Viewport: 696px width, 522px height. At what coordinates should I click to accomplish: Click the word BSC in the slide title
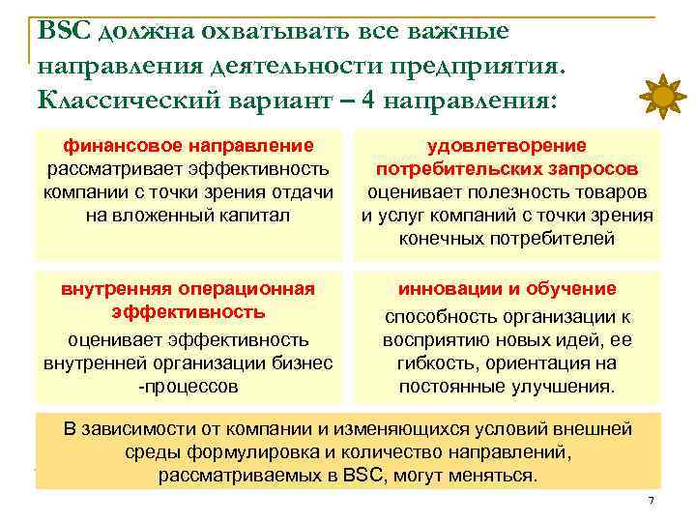click(65, 31)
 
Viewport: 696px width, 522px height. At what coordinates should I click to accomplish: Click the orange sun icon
click(662, 97)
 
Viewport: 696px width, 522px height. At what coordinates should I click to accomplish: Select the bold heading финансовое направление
click(188, 146)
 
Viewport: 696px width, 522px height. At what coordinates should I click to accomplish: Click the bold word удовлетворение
click(507, 146)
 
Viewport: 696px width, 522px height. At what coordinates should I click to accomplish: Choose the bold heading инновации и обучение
click(507, 289)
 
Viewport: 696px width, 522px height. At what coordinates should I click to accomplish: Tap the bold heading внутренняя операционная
click(188, 289)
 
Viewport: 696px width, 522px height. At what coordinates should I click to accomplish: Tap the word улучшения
click(565, 387)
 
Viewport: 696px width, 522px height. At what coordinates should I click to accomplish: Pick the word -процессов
click(188, 387)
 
